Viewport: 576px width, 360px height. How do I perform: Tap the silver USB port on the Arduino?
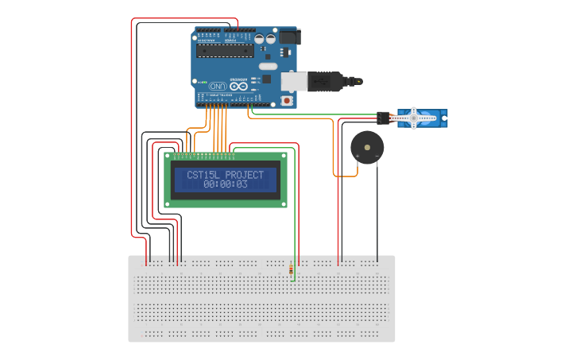pos(294,80)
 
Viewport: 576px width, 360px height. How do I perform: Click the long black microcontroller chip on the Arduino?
pos(225,52)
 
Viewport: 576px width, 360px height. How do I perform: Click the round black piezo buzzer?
pos(367,146)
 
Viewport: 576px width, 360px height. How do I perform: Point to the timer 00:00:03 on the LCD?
pos(226,184)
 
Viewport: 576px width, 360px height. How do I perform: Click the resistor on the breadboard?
pos(292,270)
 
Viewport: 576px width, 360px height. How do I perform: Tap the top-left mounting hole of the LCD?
pos(168,157)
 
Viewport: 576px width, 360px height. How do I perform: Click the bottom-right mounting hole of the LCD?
pos(283,204)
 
